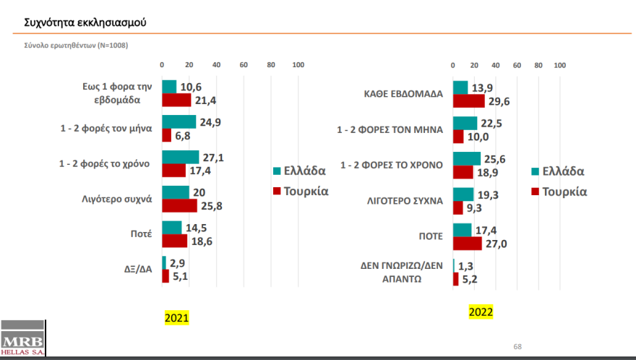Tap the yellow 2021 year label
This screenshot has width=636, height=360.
(x=177, y=317)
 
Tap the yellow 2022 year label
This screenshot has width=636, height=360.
(x=481, y=312)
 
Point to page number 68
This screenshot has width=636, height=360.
(x=517, y=346)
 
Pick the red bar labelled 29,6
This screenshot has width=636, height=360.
(x=468, y=100)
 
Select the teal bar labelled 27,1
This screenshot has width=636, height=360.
(x=180, y=157)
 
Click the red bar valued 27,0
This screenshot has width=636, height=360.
(x=467, y=244)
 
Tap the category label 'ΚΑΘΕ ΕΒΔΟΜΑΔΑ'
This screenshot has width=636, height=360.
(x=403, y=94)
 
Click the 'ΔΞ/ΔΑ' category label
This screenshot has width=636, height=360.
(x=137, y=270)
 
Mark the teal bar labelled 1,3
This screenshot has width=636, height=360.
(x=454, y=265)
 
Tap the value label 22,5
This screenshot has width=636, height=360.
(x=491, y=124)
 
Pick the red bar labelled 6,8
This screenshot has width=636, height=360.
(x=166, y=135)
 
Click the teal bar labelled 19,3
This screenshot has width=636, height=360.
(x=463, y=194)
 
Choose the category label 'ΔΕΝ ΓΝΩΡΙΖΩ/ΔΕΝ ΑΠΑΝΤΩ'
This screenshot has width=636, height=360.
(x=401, y=272)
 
